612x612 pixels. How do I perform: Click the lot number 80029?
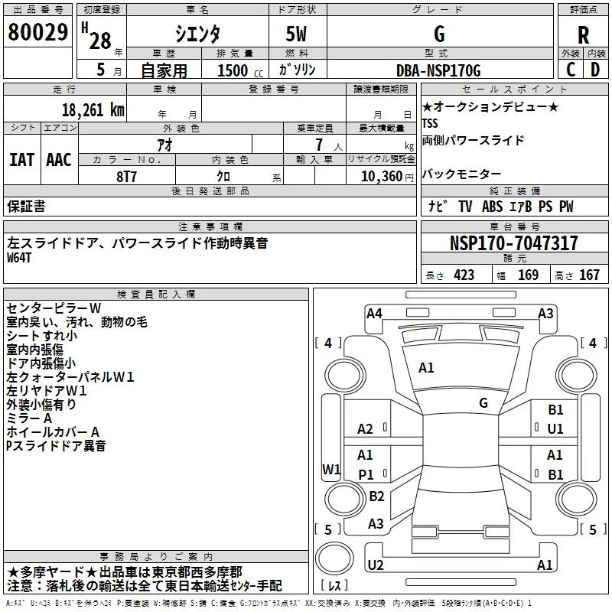tap(37, 32)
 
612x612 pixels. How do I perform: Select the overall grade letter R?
tap(583, 34)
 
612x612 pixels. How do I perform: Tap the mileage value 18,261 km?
tap(93, 110)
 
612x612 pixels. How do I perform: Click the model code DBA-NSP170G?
tap(438, 70)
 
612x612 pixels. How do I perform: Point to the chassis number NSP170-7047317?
tap(513, 243)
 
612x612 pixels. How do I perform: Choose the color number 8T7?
tap(126, 177)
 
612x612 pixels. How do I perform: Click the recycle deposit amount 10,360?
tap(381, 176)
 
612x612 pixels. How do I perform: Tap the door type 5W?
tap(296, 34)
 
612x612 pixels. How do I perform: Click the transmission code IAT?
tap(21, 160)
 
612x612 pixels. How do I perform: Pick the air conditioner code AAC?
tap(59, 160)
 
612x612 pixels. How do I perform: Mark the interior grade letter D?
tap(595, 70)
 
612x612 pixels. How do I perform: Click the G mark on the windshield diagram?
tap(483, 403)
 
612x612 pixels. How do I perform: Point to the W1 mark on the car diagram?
tap(331, 469)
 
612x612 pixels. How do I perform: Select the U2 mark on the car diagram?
tap(376, 565)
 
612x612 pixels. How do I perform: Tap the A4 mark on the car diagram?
tap(374, 314)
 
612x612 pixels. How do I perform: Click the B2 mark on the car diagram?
tap(376, 496)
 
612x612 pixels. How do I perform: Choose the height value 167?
tap(589, 275)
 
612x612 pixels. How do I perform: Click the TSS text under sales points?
tap(430, 123)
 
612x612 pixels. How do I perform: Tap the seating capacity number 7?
tap(319, 145)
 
